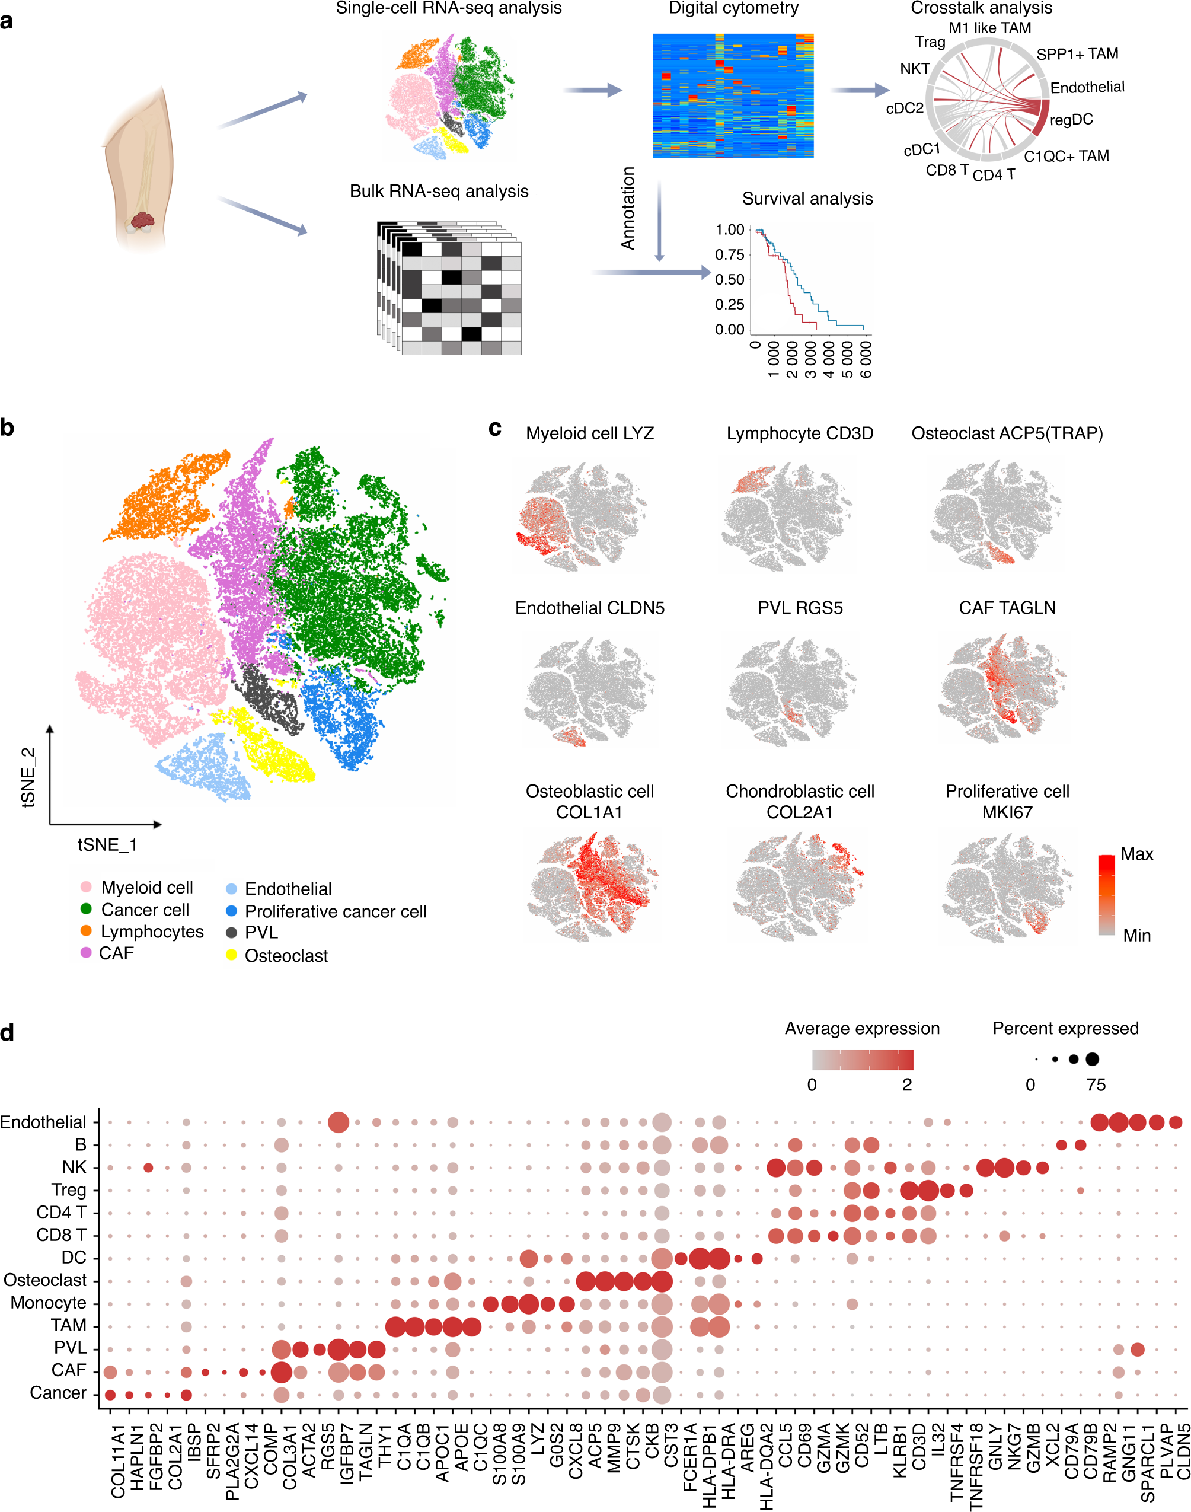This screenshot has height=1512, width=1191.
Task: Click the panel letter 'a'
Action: (x=7, y=21)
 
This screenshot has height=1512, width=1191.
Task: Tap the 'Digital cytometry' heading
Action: (x=733, y=8)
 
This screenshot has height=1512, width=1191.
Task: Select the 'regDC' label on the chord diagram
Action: (x=1071, y=120)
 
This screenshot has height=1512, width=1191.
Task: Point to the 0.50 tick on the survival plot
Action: (x=729, y=280)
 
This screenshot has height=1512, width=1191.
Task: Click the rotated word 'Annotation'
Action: (x=628, y=208)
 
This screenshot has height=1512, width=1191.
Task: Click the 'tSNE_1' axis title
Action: (x=107, y=846)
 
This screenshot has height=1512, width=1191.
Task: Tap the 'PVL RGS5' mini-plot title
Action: (x=800, y=608)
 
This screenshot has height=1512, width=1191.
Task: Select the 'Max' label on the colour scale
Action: (x=1136, y=854)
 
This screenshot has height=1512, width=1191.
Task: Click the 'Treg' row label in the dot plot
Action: (x=68, y=1190)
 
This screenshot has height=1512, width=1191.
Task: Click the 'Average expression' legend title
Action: (x=862, y=1029)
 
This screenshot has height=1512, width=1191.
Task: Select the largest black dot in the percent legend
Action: (x=1092, y=1060)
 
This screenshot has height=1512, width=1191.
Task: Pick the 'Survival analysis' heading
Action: (x=807, y=199)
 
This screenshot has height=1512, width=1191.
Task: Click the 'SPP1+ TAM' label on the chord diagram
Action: (x=1077, y=55)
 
